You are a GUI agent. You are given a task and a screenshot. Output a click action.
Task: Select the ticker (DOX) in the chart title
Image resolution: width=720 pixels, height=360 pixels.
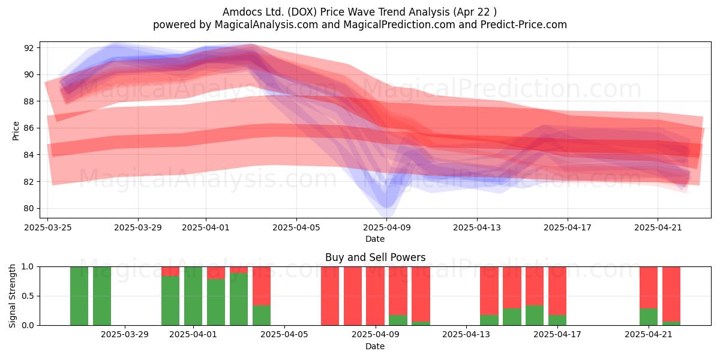click(302, 12)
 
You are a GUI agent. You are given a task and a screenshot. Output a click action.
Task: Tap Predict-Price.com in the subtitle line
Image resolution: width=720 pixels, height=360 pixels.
click(524, 25)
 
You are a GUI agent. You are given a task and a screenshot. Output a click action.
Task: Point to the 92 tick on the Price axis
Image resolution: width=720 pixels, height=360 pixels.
click(28, 48)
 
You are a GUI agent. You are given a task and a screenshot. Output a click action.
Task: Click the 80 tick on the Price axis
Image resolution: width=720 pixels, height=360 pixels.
click(28, 208)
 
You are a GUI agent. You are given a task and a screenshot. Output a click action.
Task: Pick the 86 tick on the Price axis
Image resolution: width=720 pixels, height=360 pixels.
click(28, 128)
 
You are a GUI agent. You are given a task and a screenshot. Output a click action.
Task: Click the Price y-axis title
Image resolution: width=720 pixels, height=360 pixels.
click(16, 131)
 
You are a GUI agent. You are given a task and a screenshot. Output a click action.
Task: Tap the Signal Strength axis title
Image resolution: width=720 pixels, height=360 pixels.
click(12, 296)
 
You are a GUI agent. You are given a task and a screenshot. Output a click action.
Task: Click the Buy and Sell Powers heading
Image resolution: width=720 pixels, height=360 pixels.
click(375, 257)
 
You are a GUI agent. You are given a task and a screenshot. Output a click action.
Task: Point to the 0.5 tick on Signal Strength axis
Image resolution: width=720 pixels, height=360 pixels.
click(28, 296)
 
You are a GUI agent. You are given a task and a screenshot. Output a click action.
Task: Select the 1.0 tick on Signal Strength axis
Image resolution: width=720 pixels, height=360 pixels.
click(28, 267)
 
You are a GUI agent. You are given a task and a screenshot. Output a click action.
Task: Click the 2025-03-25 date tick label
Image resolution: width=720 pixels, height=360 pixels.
click(48, 227)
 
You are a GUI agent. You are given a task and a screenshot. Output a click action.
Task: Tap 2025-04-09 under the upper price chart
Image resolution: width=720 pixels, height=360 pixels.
click(386, 227)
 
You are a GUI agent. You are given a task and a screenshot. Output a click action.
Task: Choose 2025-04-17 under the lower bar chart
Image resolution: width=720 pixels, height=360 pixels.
click(557, 335)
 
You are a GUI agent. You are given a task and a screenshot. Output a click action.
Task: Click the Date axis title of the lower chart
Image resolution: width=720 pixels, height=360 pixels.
click(375, 346)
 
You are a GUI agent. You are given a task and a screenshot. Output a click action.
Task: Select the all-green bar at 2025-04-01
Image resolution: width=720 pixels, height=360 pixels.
click(193, 296)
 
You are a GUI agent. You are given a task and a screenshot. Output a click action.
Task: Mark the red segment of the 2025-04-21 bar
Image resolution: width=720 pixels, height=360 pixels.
click(649, 287)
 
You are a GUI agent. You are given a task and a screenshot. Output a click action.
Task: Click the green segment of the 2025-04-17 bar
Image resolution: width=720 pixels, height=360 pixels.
click(557, 320)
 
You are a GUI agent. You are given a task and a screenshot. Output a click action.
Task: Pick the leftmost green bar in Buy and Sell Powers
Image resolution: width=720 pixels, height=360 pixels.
click(79, 296)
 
